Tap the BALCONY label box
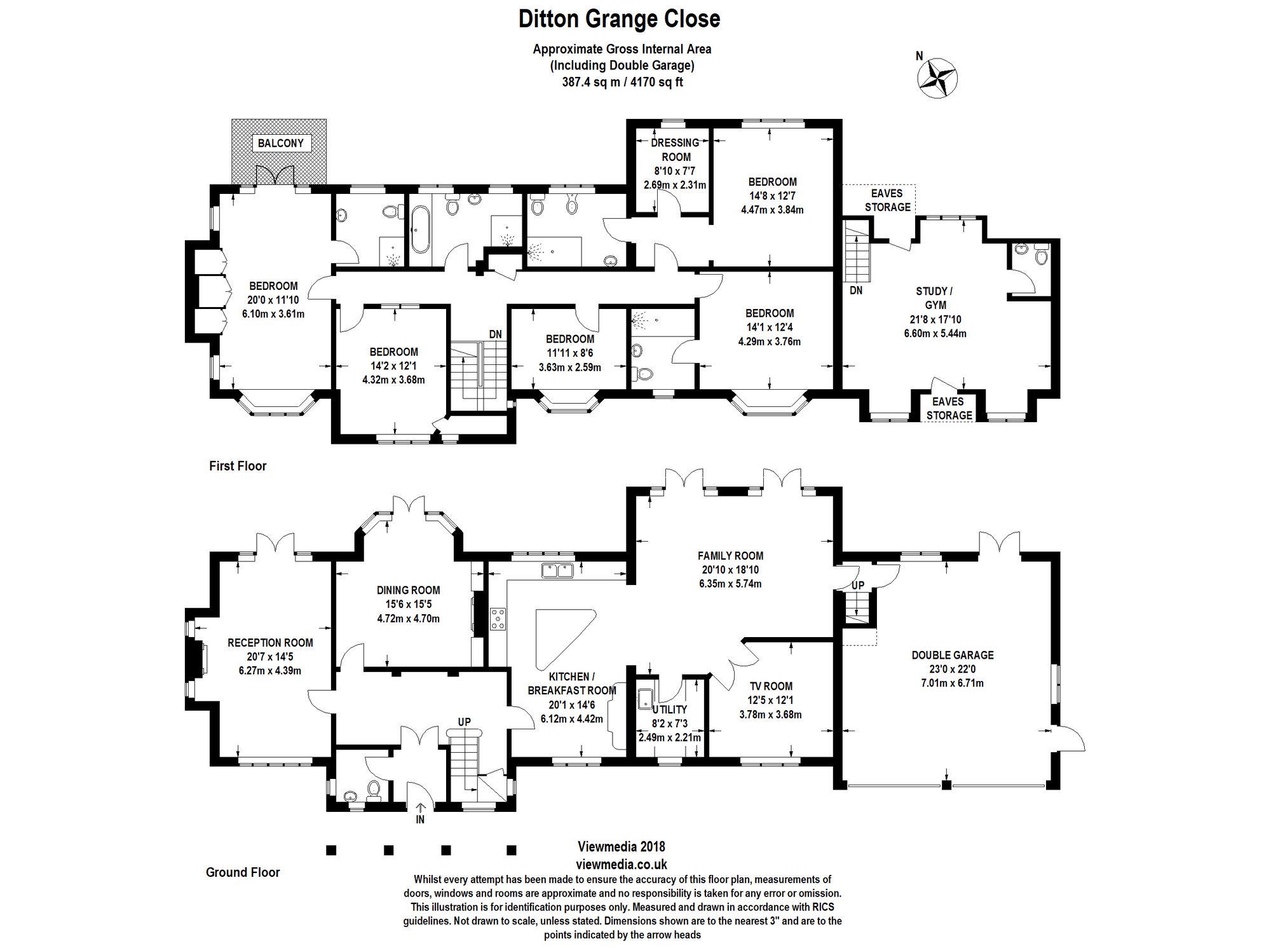tap(280, 143)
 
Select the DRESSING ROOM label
tap(676, 149)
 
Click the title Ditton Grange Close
tap(619, 19)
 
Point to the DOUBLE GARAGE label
tap(952, 655)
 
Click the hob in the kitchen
tap(498, 619)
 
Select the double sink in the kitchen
tap(557, 570)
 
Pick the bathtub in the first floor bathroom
tap(420, 228)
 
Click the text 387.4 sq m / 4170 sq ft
tap(622, 82)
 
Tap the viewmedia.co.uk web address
tap(621, 864)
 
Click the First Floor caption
tap(238, 466)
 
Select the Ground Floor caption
tap(243, 872)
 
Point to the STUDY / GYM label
tap(934, 298)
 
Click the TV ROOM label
tap(770, 686)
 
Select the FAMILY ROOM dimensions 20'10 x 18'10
tap(730, 570)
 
